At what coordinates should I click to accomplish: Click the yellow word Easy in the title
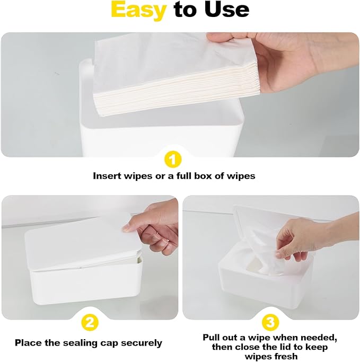pos(139,10)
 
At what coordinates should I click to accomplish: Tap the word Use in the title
pos(226,10)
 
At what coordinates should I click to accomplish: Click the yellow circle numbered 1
pos(173,159)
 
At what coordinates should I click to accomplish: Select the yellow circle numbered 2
pos(89,322)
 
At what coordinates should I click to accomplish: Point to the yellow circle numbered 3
pos(271,322)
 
